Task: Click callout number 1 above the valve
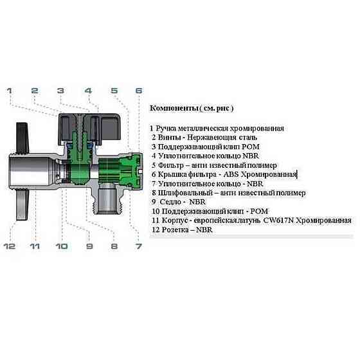point(10,91)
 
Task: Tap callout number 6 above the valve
point(138,91)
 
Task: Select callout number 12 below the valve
point(10,246)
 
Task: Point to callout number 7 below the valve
point(138,246)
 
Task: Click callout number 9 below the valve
point(89,246)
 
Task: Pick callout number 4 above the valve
point(88,91)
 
